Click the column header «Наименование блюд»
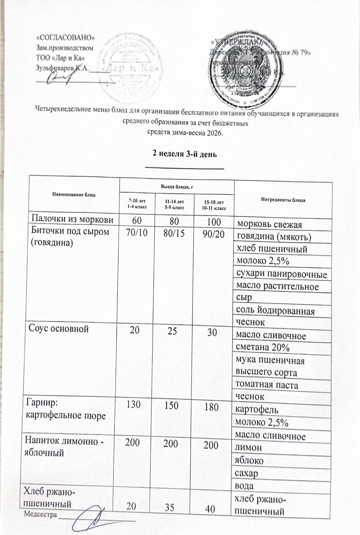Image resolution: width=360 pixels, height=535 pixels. point(74,194)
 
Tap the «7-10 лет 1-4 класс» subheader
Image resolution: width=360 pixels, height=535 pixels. point(137,203)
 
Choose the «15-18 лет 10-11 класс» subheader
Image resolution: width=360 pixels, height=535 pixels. point(214,205)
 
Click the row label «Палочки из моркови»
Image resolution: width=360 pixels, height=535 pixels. point(72,219)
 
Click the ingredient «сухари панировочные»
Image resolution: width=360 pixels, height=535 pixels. point(281,275)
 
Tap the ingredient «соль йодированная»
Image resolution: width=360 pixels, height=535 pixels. point(275,311)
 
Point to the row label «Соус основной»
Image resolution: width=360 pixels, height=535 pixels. point(59,329)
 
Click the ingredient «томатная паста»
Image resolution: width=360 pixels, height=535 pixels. point(267,385)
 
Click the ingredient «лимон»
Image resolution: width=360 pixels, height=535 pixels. point(249,447)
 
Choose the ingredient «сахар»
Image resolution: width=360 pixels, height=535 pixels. point(247,473)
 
